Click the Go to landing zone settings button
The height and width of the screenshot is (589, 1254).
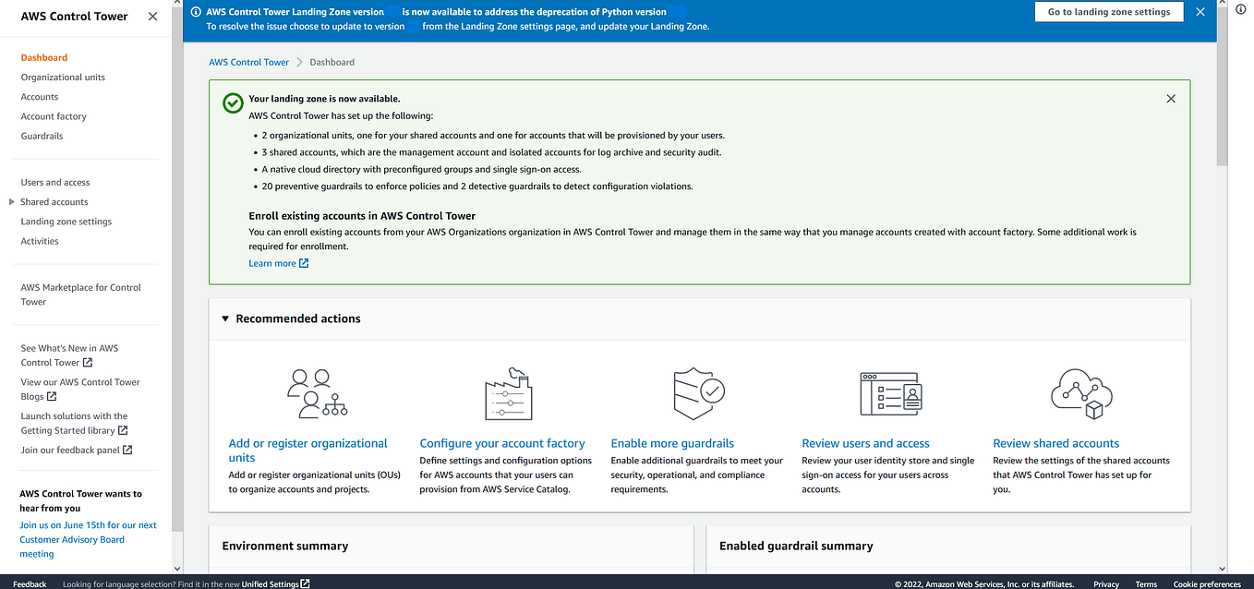1108,12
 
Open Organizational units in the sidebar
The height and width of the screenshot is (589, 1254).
63,78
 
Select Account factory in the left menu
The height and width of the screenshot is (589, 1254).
54,116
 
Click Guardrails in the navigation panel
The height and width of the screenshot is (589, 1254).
42,136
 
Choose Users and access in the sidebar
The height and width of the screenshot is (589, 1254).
55,183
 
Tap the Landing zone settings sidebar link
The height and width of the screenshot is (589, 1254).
66,222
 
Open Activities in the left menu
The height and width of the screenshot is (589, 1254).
40,241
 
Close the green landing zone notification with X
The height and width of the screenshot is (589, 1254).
1171,99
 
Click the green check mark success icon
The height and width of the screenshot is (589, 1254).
233,102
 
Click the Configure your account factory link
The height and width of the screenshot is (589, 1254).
502,443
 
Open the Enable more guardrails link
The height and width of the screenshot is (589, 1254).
672,443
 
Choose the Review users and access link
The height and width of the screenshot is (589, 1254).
865,443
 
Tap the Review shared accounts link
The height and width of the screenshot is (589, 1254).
1055,443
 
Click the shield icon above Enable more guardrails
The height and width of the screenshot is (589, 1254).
699,393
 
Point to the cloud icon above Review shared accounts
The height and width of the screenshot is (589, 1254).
1081,393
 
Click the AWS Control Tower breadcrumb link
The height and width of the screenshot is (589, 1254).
249,62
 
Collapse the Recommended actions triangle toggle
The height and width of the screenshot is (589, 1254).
225,319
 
